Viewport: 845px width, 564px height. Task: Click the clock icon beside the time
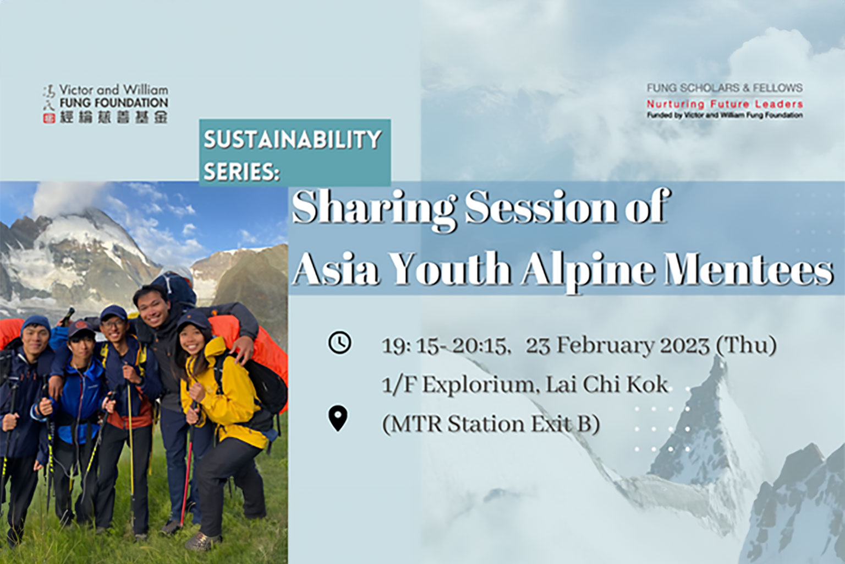click(339, 343)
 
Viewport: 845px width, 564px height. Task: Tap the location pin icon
click(338, 418)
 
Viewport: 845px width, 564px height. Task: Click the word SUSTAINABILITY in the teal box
click(293, 139)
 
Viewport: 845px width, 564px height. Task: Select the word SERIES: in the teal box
click(242, 172)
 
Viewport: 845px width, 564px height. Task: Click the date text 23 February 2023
click(618, 346)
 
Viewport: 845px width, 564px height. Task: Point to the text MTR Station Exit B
click(491, 424)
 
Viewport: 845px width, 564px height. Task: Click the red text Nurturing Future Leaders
click(725, 104)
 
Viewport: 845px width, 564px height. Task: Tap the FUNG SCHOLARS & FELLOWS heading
click(725, 88)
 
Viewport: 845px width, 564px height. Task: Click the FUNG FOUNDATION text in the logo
click(114, 102)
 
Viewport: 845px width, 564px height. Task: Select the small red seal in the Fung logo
click(48, 118)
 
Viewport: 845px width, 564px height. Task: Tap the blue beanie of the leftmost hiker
click(35, 325)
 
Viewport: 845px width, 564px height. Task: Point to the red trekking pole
click(186, 480)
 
